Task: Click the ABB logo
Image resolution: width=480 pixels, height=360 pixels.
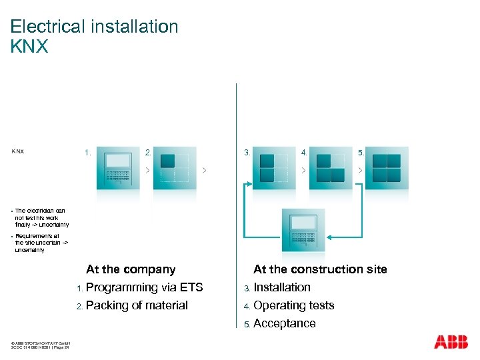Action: coord(451,342)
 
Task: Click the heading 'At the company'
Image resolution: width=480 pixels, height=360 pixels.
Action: coord(131,269)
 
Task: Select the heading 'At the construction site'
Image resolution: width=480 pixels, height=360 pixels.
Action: coord(320,269)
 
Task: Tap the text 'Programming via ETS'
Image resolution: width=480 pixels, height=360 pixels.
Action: coord(145,287)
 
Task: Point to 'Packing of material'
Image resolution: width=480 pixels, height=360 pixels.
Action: coord(137,305)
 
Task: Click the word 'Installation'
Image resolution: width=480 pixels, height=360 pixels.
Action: coord(282,287)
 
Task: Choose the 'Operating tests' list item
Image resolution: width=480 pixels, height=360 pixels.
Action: coord(294,305)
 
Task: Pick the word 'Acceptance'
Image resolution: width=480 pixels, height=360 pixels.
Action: coord(285,323)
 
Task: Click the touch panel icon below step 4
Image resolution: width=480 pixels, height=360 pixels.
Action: coord(303,231)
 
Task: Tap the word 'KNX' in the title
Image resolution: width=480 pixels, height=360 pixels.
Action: coord(29,47)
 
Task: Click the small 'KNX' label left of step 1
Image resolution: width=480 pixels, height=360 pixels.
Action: coord(18,151)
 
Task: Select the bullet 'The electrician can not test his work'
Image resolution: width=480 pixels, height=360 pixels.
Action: coord(40,217)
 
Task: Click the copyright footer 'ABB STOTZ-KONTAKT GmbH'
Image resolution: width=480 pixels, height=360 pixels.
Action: coord(41,344)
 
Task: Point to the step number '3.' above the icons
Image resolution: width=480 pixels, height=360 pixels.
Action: coord(247,153)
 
